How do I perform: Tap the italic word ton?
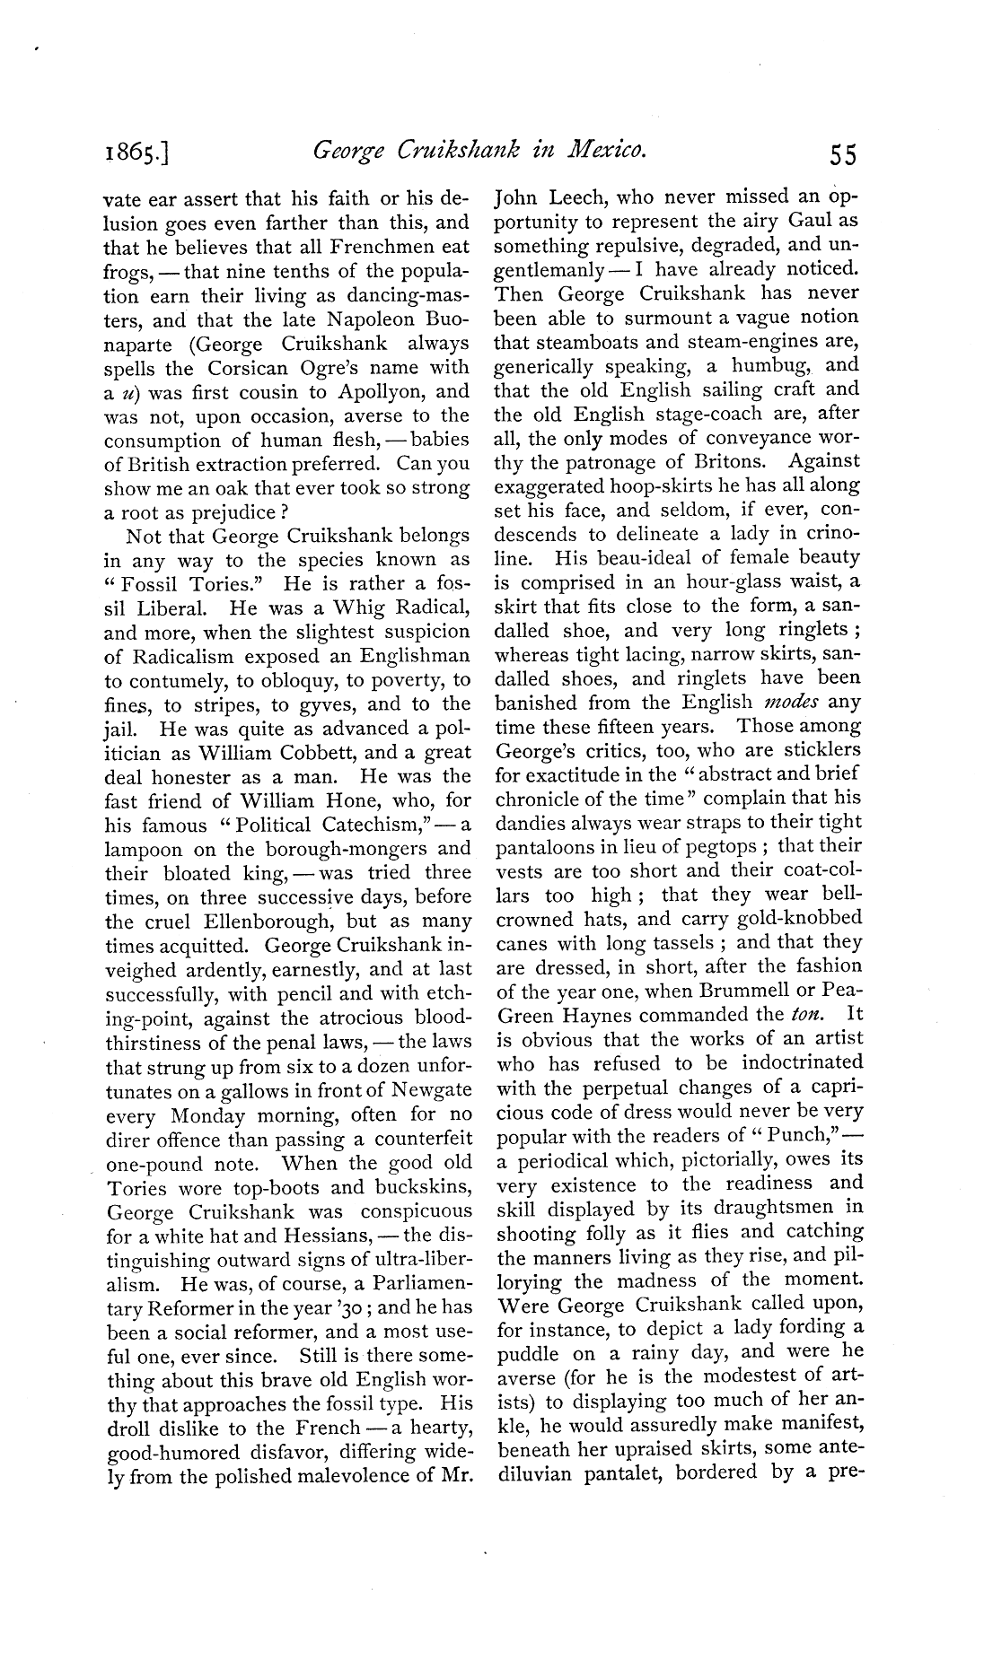click(802, 1015)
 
